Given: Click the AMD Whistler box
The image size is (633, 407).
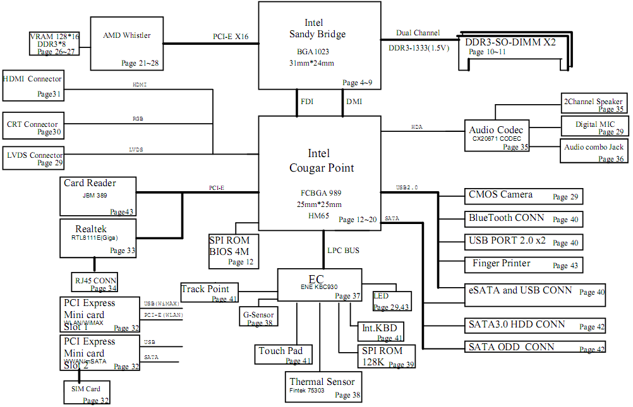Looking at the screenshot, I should point(126,44).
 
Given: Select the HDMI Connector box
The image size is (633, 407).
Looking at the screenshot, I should point(33,86).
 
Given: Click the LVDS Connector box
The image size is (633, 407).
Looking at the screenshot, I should point(33,158).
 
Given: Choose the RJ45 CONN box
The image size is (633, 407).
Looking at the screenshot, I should point(95,282).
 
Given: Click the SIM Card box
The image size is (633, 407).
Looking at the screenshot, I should point(87,392).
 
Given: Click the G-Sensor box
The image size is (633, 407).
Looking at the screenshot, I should point(258,317).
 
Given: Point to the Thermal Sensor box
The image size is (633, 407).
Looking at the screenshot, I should point(322,387).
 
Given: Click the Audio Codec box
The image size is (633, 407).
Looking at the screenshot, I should point(496,135).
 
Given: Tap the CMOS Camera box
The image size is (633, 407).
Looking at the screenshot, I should point(522,196).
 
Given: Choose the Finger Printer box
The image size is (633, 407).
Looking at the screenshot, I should point(522,264).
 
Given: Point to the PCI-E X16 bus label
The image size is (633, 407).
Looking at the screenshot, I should point(231,37).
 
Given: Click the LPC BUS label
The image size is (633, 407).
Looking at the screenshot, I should point(343,251).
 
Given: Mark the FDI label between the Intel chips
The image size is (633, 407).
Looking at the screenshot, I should point(306,102).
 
